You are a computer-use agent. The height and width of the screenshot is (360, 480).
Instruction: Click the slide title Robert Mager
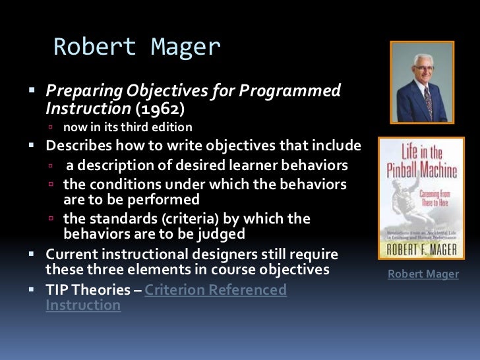click(136, 47)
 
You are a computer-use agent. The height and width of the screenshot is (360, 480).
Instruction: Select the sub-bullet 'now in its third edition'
click(127, 127)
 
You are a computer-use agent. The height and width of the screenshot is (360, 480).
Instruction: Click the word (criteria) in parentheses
click(192, 218)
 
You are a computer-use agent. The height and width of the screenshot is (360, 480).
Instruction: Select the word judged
click(221, 233)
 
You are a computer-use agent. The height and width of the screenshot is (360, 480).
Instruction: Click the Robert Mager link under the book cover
click(423, 274)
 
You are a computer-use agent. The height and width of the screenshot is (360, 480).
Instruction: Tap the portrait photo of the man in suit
click(422, 83)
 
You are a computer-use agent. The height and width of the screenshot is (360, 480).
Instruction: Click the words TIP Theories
click(88, 289)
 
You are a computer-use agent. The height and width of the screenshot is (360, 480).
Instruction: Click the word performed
click(167, 199)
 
